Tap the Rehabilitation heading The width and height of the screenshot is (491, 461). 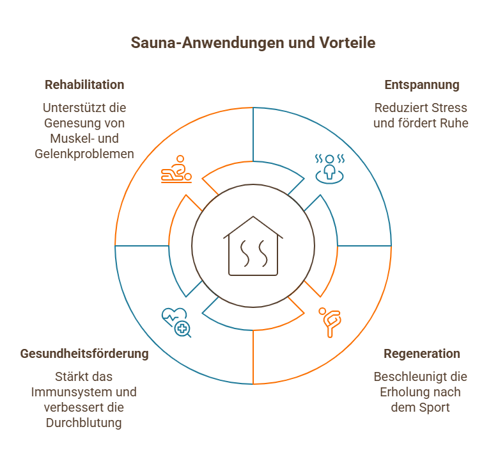coord(84,85)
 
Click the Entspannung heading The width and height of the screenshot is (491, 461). coord(422,85)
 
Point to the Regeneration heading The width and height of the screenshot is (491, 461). coord(422,353)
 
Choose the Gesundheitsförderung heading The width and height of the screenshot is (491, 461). coord(84,353)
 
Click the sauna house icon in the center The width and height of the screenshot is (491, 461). coord(253,247)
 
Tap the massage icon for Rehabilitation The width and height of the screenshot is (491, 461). coord(176,169)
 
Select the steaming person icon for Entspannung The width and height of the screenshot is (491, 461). coord(330,168)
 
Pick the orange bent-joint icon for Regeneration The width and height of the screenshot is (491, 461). coord(331,322)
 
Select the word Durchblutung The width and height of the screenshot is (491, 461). coord(84,423)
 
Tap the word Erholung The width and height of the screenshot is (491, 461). coord(407,392)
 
